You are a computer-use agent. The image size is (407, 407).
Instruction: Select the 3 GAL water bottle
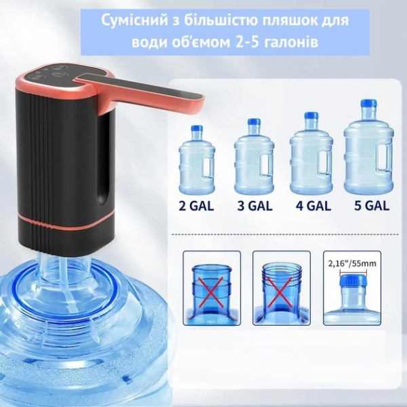click(x=254, y=159)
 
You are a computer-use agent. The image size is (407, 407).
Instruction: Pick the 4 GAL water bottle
click(x=311, y=155)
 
